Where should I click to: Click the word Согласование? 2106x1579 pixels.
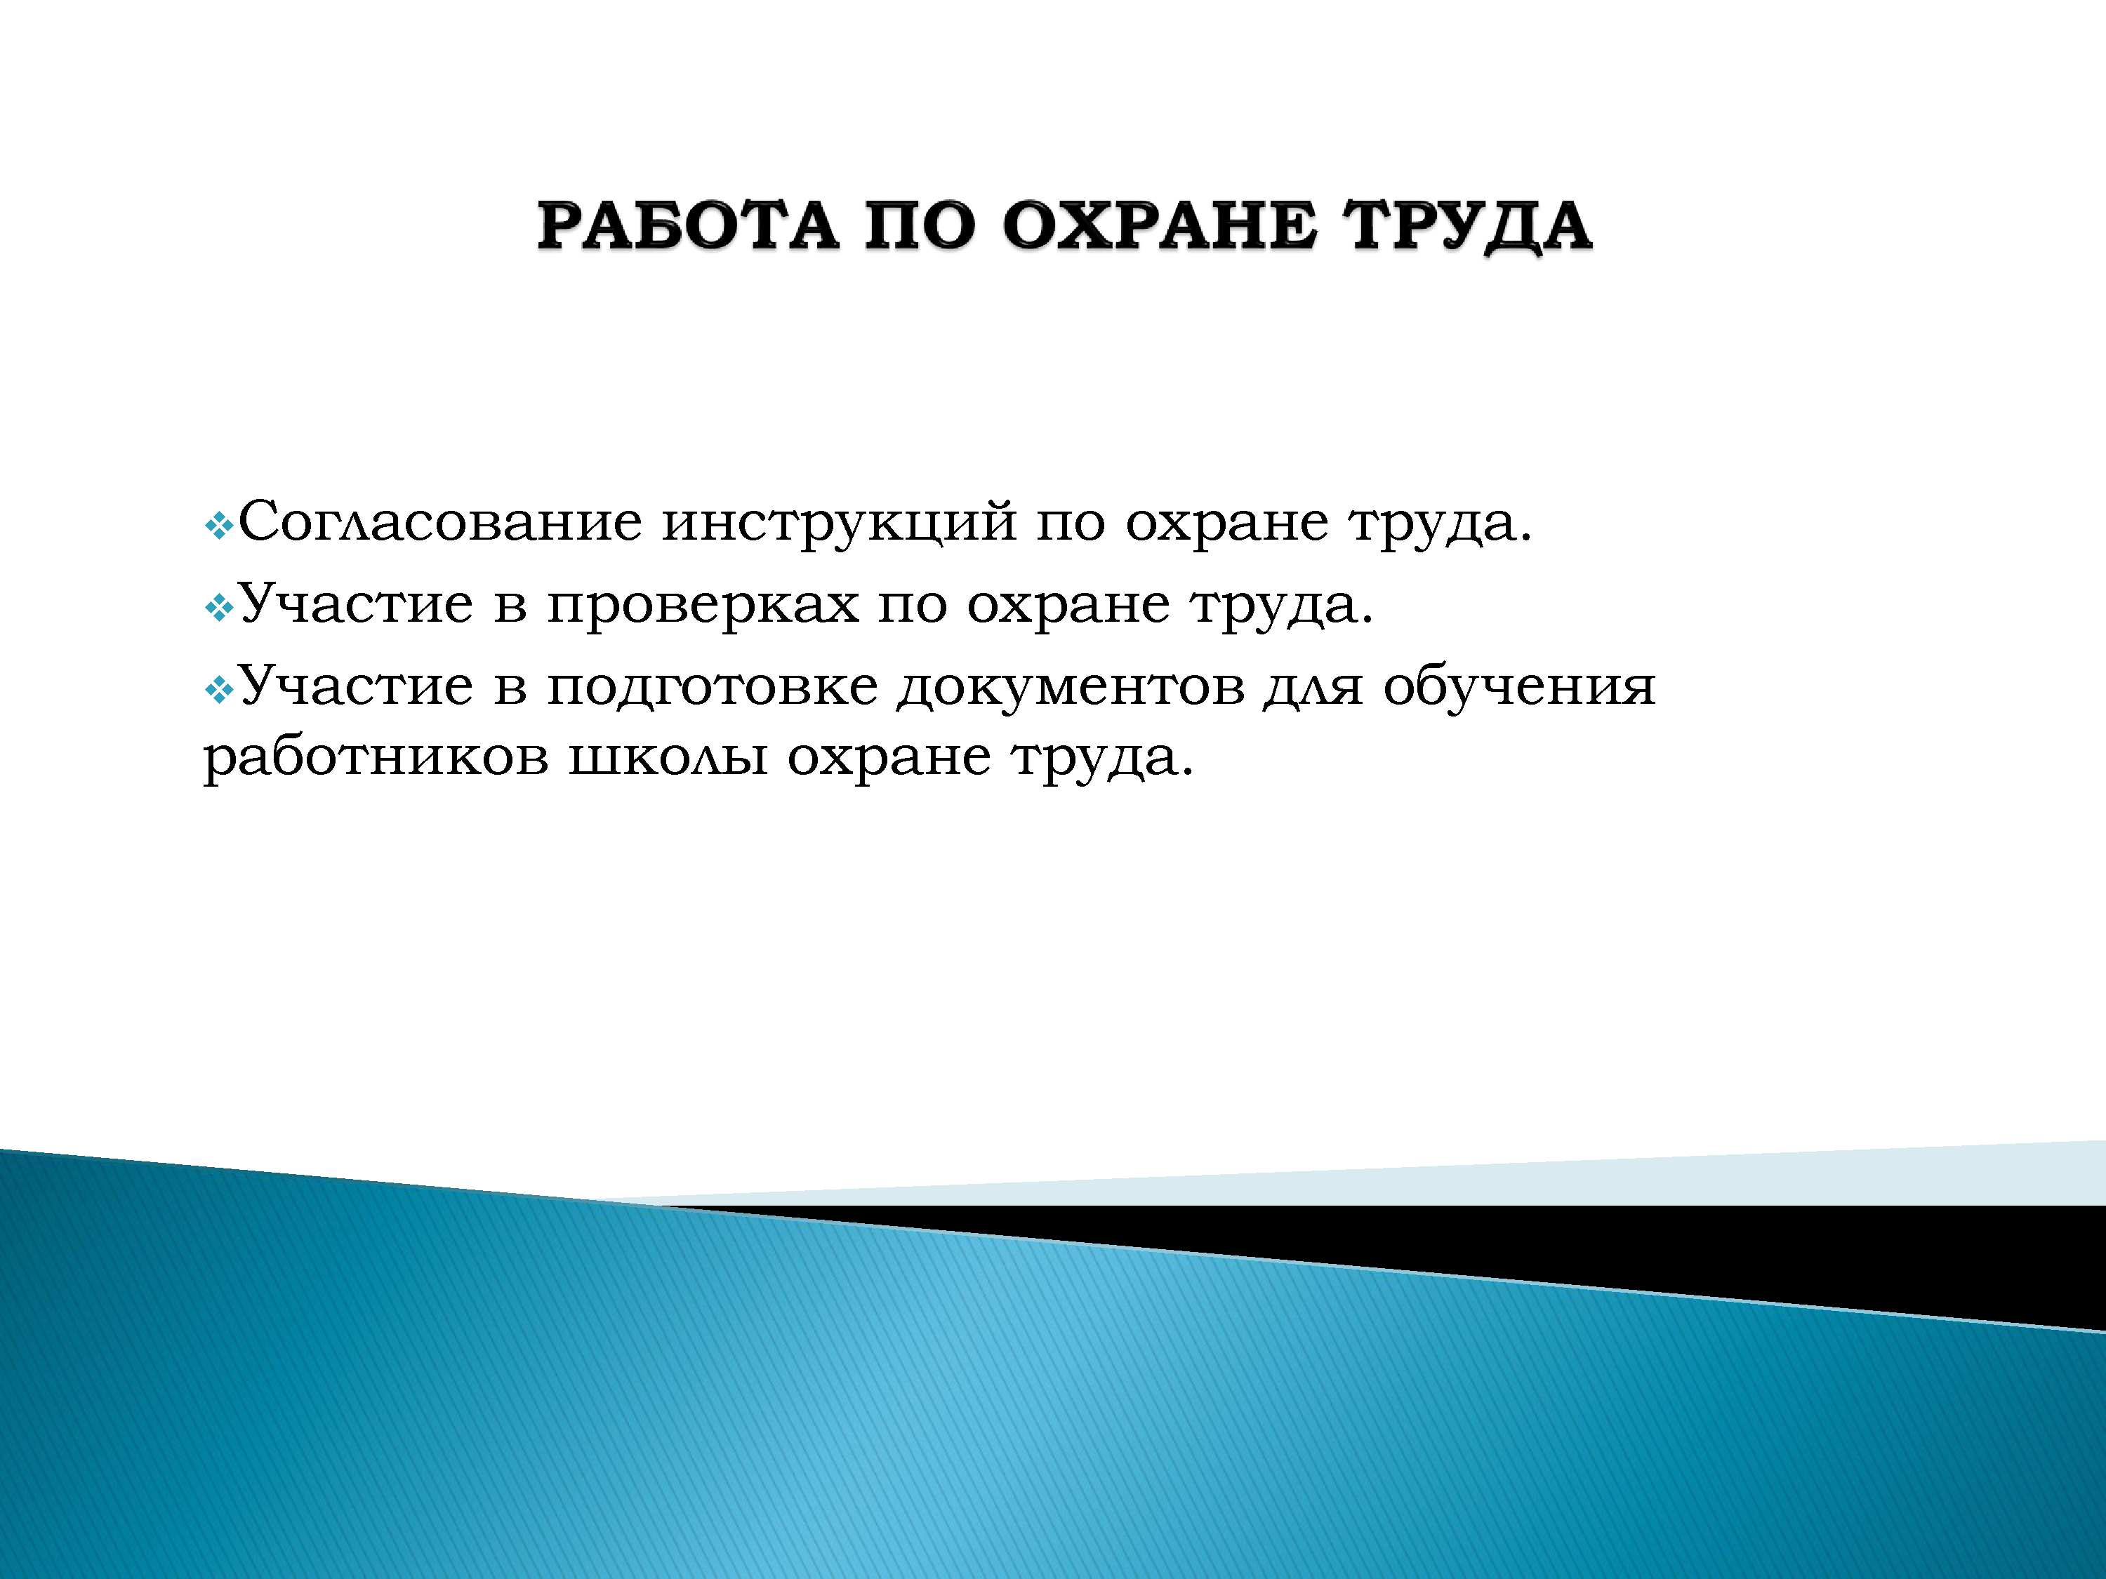[441, 521]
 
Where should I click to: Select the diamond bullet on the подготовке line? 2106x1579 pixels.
[219, 689]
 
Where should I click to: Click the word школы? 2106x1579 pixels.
[668, 759]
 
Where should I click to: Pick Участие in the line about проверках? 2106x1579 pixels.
[355, 604]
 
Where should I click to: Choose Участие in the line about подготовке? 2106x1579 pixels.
[355, 685]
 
